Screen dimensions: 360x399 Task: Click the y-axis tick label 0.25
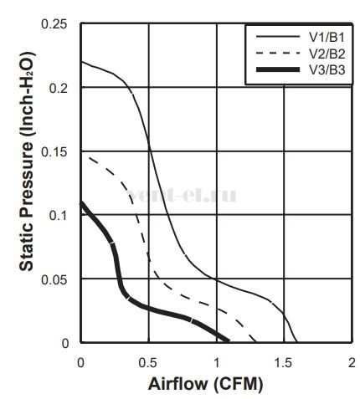tap(54, 24)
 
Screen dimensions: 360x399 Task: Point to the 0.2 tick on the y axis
tap(58, 89)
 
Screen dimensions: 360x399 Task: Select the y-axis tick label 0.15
tap(54, 152)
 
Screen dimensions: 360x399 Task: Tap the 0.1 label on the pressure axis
tap(58, 216)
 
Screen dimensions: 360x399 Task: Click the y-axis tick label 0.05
tap(54, 279)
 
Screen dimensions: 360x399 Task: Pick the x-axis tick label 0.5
tap(148, 363)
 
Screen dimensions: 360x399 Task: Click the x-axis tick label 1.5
tap(283, 363)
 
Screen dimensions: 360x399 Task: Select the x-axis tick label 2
tap(352, 363)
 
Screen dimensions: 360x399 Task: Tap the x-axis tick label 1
tap(217, 363)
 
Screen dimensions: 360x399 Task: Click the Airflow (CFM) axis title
tap(206, 384)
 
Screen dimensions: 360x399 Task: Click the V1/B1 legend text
tap(327, 38)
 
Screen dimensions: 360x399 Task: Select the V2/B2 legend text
tap(327, 54)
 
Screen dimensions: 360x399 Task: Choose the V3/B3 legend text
tap(327, 70)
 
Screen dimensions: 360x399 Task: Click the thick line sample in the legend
tap(278, 69)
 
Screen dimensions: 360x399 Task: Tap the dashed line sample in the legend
tap(278, 53)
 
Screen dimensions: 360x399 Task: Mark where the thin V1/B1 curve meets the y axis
tap(81, 61)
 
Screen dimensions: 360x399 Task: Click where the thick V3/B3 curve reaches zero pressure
tap(229, 340)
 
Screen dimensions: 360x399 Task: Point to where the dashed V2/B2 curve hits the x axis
tap(255, 342)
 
